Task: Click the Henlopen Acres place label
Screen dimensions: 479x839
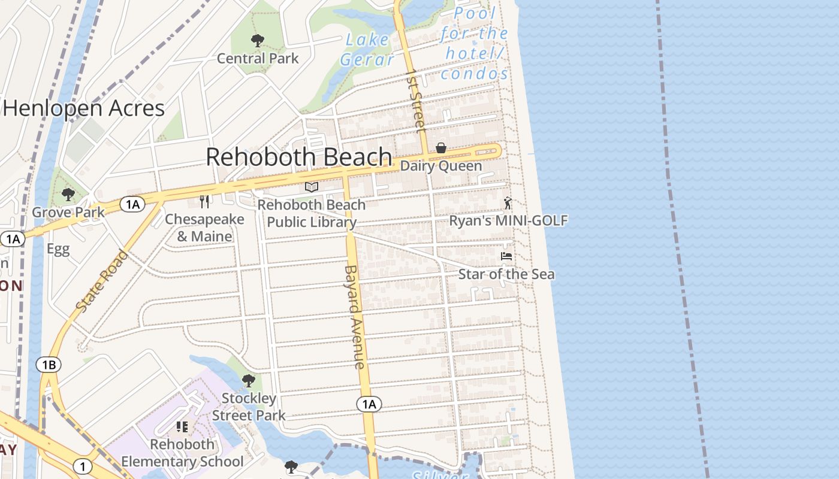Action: [83, 108]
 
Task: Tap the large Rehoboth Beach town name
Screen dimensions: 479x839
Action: [299, 157]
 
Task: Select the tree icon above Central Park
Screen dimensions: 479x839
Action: [258, 41]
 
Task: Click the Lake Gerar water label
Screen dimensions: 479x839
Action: [367, 50]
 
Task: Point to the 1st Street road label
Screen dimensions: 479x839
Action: [415, 100]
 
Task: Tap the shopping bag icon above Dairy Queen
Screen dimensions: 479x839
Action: [441, 148]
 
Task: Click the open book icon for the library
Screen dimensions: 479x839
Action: [311, 187]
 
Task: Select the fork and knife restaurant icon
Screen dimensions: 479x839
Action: [204, 201]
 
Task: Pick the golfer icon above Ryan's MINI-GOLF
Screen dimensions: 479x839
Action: [508, 203]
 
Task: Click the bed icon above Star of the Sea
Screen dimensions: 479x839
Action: [506, 256]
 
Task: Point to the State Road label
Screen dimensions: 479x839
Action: [102, 280]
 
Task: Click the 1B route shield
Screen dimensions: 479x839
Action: [49, 364]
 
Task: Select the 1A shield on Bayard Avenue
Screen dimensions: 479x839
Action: [369, 404]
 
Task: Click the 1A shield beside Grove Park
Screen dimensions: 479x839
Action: [132, 204]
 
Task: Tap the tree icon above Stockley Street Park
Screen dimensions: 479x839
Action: [248, 381]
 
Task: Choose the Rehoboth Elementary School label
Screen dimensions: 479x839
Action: [182, 453]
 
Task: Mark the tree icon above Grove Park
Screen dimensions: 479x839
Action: [68, 195]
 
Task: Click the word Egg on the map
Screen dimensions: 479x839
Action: [58, 249]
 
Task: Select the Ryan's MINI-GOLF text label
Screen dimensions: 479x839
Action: [508, 220]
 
